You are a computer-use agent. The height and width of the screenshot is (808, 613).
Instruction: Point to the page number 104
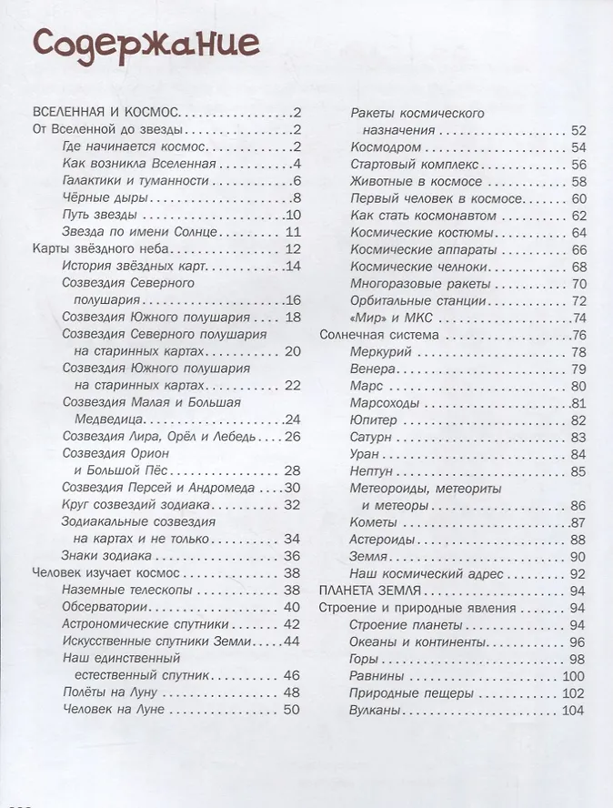click(572, 710)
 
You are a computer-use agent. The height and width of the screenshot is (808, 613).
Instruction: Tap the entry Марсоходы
click(385, 402)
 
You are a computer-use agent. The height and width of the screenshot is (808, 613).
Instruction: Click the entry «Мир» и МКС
click(391, 318)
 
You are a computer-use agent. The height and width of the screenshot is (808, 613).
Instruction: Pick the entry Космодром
click(386, 147)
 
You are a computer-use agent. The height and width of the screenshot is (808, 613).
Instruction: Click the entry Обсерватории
click(101, 607)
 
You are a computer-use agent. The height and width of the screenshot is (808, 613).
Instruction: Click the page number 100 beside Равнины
click(572, 675)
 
